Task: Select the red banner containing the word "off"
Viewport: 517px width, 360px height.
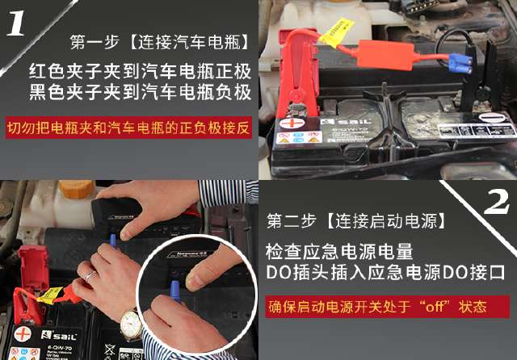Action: (x=387, y=307)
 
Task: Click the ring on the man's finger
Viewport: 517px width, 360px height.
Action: (x=91, y=274)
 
